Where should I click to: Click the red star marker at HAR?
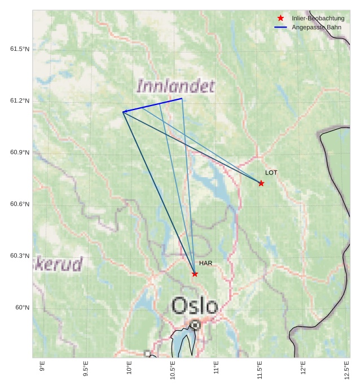[195, 274]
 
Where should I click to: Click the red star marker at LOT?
[261, 183]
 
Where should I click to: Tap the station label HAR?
[205, 263]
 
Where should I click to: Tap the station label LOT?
[271, 172]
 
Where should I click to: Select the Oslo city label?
[194, 306]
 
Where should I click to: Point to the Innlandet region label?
[175, 86]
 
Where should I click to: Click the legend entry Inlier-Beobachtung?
[318, 18]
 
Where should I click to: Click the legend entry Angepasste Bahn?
[316, 27]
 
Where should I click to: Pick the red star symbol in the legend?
[280, 18]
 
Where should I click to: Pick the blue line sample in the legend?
[280, 27]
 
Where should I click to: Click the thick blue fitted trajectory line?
[152, 105]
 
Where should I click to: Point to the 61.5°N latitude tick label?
[20, 49]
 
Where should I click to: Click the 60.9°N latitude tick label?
[20, 152]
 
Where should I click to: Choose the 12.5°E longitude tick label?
[346, 370]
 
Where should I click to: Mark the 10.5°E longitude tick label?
[173, 370]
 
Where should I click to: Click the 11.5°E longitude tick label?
[260, 370]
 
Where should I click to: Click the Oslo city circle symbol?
[195, 325]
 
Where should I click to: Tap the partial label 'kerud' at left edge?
[58, 264]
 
